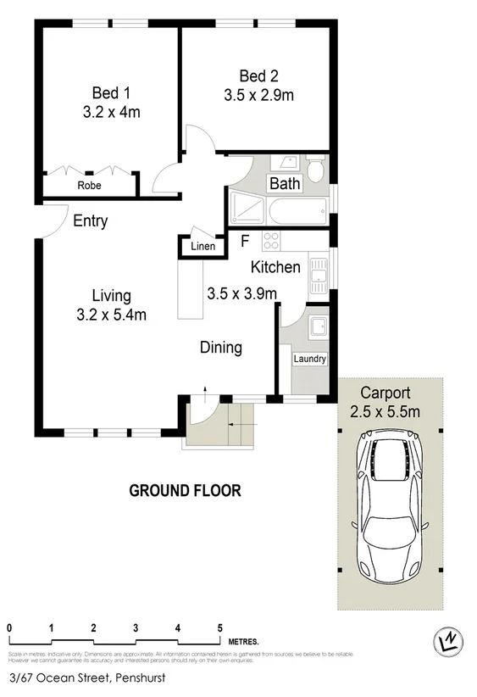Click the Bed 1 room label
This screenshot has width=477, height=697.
(110, 92)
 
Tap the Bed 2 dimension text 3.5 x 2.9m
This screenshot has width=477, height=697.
(258, 95)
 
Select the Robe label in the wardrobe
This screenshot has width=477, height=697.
(90, 185)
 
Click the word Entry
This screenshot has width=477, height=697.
(90, 221)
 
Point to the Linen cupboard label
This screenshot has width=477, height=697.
(202, 247)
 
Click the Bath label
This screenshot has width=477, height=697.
(284, 183)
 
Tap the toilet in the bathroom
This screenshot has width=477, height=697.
(315, 168)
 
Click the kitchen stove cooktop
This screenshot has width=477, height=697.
(271, 240)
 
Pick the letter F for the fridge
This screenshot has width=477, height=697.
(245, 241)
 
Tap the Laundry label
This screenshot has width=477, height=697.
(309, 359)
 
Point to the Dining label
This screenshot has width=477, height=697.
(221, 347)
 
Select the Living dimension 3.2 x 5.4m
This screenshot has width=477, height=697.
(111, 315)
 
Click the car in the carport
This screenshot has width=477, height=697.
(391, 506)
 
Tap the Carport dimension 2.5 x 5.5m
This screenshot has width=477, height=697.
(385, 413)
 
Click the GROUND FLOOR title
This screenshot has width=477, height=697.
(185, 490)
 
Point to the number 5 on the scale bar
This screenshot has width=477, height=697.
(219, 628)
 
